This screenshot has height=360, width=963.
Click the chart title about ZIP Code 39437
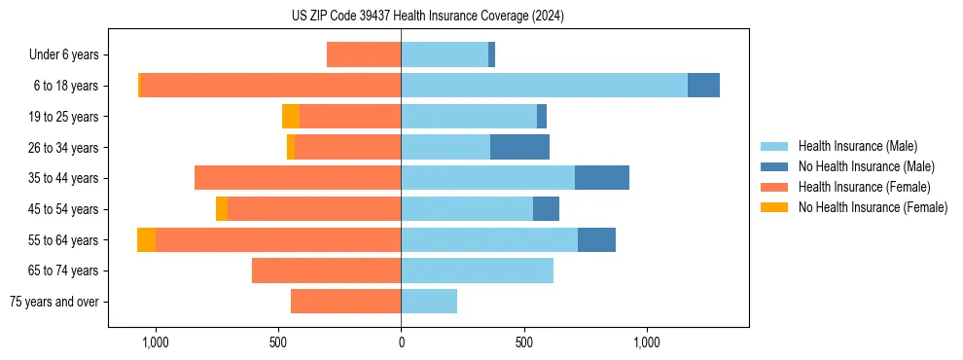tap(428, 16)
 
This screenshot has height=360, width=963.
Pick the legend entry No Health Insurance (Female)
tap(873, 207)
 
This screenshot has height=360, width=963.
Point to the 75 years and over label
tap(54, 302)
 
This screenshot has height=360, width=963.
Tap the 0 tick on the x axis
tap(401, 342)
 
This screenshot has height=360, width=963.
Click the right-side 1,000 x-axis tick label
tap(647, 342)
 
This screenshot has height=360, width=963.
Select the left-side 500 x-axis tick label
tap(278, 342)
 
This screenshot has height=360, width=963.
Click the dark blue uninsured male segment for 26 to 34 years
tap(519, 148)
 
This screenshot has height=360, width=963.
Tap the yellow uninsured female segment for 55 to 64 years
tap(146, 240)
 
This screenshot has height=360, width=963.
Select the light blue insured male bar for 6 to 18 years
tap(544, 86)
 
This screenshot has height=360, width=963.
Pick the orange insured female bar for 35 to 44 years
tap(298, 178)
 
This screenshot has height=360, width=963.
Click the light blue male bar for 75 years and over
tap(429, 302)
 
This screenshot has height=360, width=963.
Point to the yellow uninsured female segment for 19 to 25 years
tap(291, 117)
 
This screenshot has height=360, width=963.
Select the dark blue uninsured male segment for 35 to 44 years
tap(602, 178)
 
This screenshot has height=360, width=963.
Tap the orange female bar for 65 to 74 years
tap(326, 270)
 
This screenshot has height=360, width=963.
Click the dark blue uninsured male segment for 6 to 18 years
tap(703, 86)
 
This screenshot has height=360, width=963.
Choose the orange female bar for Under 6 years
tap(364, 55)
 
